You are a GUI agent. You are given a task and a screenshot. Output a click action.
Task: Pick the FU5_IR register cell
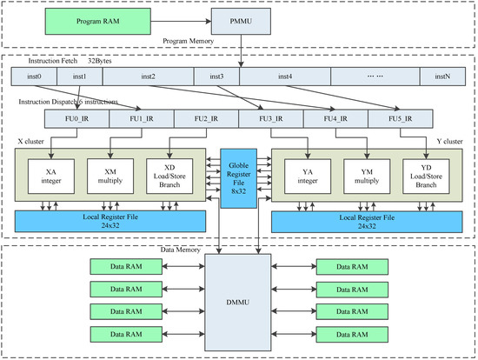pos(400,120)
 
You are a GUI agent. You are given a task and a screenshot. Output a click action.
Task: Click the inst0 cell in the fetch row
pos(35,77)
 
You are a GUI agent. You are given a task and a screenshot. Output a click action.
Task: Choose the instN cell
pos(441,77)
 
